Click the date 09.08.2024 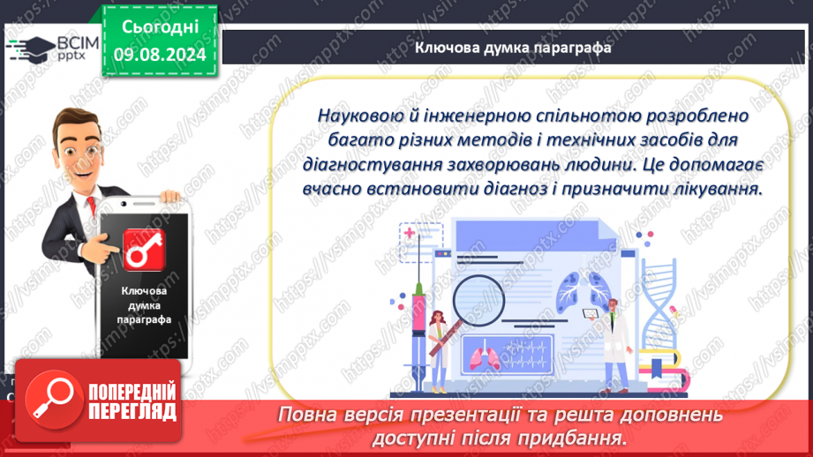pyautogui.click(x=160, y=55)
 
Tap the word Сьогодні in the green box pyautogui.click(x=160, y=27)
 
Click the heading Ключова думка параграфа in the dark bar pyautogui.click(x=513, y=48)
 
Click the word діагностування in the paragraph pyautogui.click(x=372, y=164)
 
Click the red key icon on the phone pyautogui.click(x=144, y=250)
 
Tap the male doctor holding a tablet pyautogui.click(x=615, y=345)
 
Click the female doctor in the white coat pyautogui.click(x=439, y=351)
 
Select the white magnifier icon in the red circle pyautogui.click(x=53, y=399)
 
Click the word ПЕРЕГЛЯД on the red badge pyautogui.click(x=132, y=412)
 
